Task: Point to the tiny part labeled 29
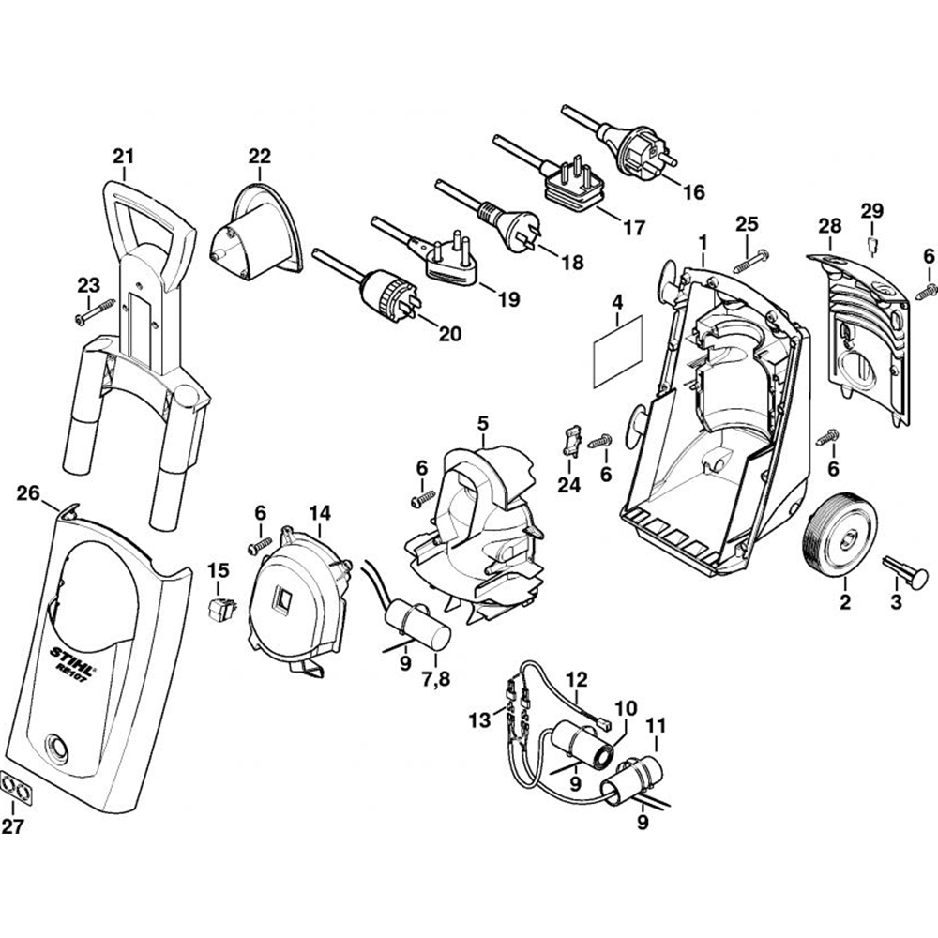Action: coord(870,246)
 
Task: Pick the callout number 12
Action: coord(577,676)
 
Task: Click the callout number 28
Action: coord(829,225)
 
